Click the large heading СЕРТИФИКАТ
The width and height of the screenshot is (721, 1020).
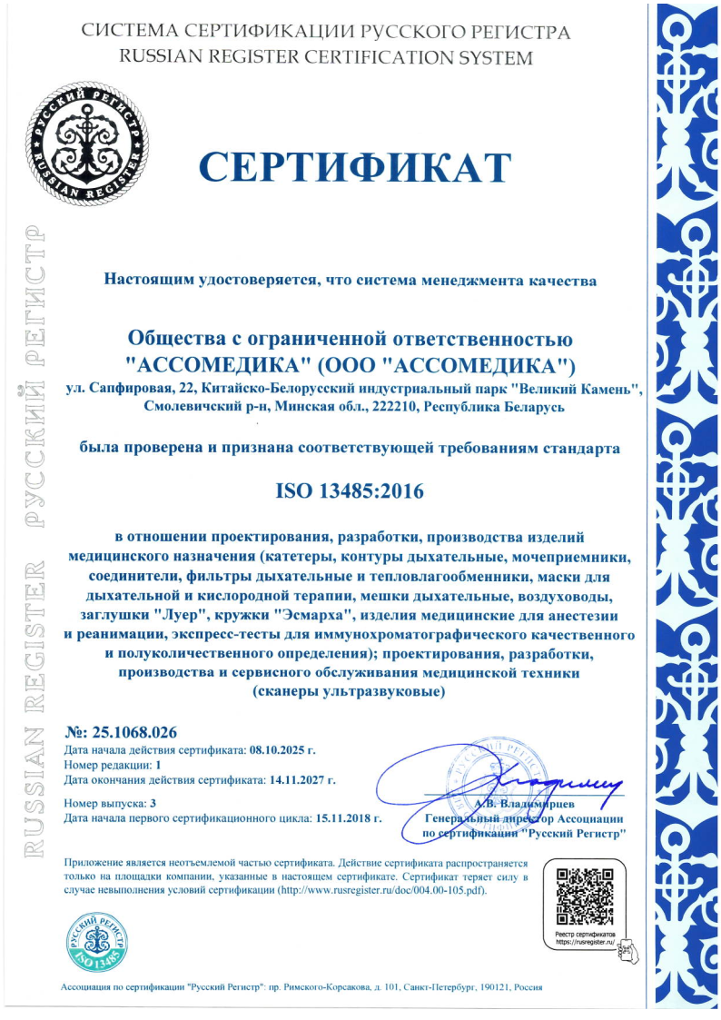(355, 167)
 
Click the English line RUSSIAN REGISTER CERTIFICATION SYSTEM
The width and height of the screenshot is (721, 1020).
(326, 57)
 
